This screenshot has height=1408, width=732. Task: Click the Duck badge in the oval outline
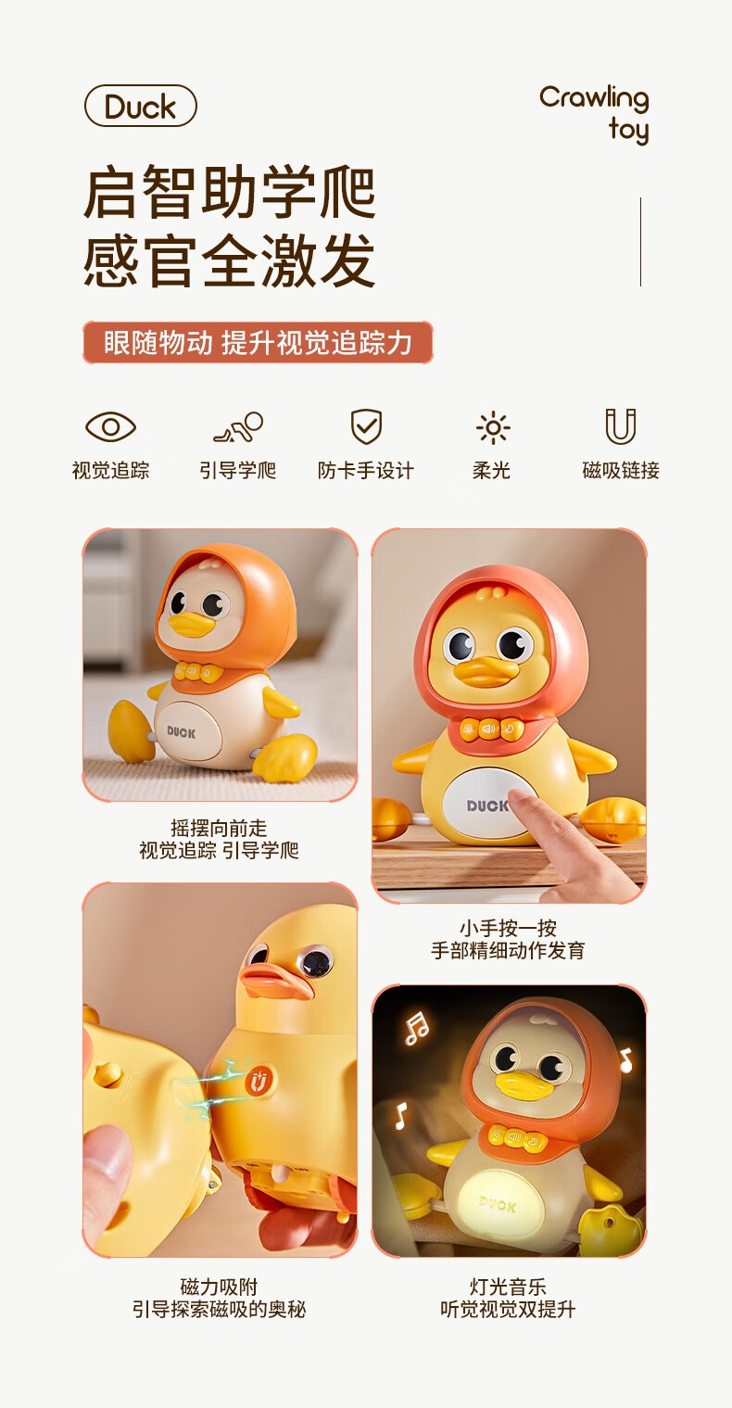[x=141, y=107]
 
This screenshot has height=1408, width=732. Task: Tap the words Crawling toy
[x=594, y=113]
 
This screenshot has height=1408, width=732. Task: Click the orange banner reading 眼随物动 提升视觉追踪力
[x=258, y=342]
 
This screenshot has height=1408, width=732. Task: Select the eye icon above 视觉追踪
[x=111, y=427]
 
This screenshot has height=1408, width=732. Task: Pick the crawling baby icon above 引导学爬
[x=238, y=427]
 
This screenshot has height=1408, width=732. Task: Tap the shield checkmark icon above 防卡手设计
[x=366, y=427]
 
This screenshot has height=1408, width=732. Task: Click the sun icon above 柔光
[x=492, y=427]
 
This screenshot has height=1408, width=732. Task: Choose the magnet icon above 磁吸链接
[x=621, y=427]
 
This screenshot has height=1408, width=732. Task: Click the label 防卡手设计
[x=366, y=471]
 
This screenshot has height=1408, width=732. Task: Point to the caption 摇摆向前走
[x=219, y=828]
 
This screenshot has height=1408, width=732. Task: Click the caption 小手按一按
[x=508, y=928]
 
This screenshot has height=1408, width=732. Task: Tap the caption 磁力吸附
[x=219, y=1287]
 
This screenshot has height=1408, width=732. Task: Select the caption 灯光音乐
[x=508, y=1287]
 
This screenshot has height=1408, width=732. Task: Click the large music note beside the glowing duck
[x=417, y=1027]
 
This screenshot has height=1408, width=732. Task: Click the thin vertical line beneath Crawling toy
[x=640, y=242]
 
